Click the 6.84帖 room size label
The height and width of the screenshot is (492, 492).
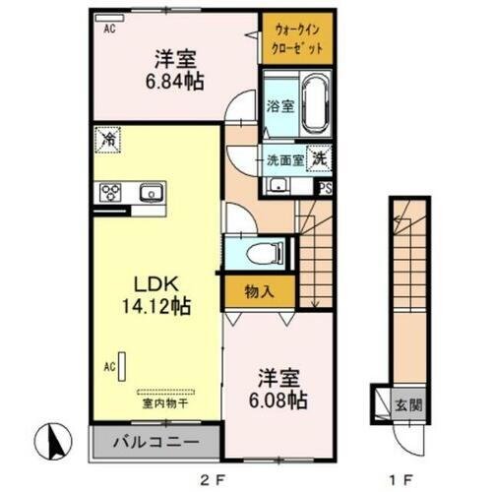[177, 82]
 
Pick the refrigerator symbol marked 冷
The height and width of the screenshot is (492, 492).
[107, 141]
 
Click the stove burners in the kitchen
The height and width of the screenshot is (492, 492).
[109, 193]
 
